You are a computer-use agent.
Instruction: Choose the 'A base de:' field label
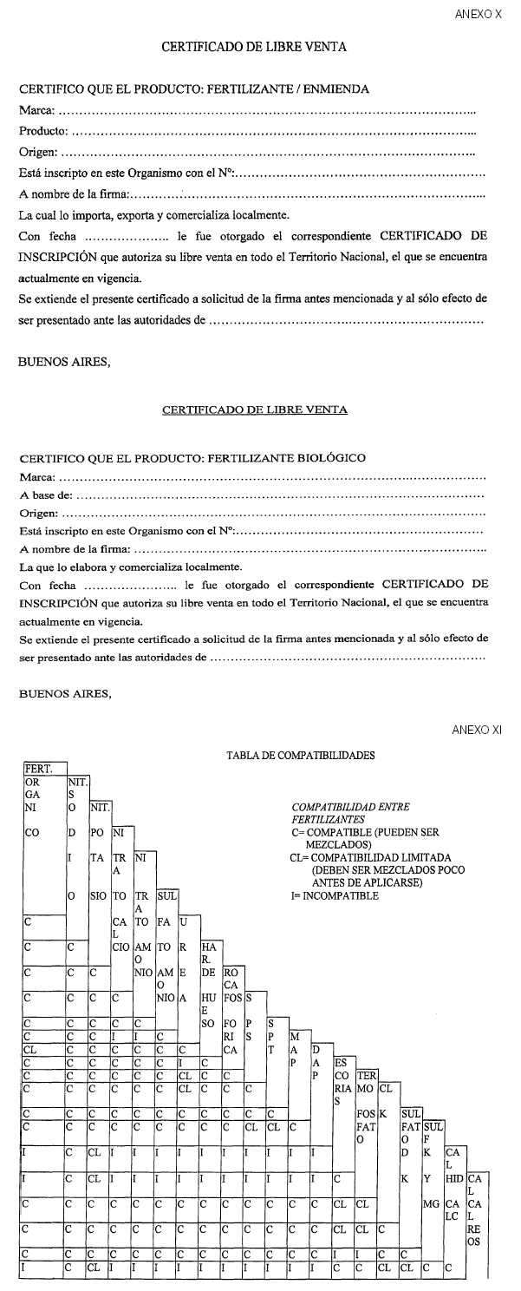coord(47,495)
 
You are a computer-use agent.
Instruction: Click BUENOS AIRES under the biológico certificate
coord(65,693)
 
